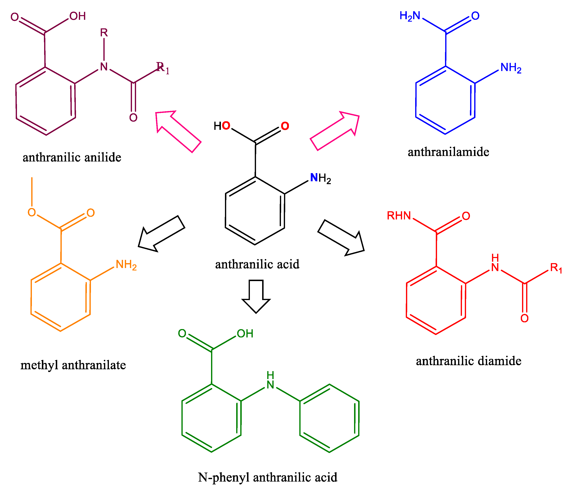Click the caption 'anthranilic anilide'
pyautogui.click(x=72, y=158)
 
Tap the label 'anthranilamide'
pyautogui.click(x=448, y=152)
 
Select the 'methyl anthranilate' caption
pyautogui.click(x=73, y=365)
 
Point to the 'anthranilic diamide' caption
pyautogui.click(x=468, y=361)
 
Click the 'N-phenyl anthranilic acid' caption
pyautogui.click(x=267, y=477)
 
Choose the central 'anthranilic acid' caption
pyautogui.click(x=257, y=264)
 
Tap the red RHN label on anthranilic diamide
pyautogui.click(x=399, y=216)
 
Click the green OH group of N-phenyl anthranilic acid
pyautogui.click(x=245, y=334)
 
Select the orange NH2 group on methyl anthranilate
pyautogui.click(x=126, y=265)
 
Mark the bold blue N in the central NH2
pyautogui.click(x=314, y=178)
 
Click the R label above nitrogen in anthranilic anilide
pyautogui.click(x=104, y=33)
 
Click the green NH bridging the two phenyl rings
pyautogui.click(x=270, y=381)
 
